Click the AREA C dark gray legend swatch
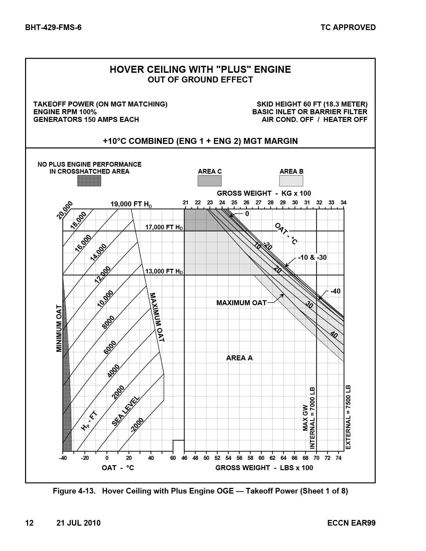coord(209,181)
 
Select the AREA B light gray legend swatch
coord(291,181)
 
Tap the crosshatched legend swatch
coord(89,181)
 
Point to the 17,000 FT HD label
coord(164,227)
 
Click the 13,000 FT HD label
coord(164,271)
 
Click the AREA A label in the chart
coord(239,358)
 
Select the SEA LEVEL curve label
coord(126,411)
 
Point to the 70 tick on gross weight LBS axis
coord(316,458)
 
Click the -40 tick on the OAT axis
coord(62,458)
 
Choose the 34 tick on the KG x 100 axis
coord(343,202)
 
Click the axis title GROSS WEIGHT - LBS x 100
coord(264,468)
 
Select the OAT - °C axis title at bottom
coord(118,468)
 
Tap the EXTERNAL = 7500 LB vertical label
coord(348,417)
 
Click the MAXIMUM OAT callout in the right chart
coord(241,303)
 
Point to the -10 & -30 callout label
coord(312,257)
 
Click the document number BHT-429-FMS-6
coord(53,27)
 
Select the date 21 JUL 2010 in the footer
coord(79,523)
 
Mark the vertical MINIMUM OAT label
coord(59,328)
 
